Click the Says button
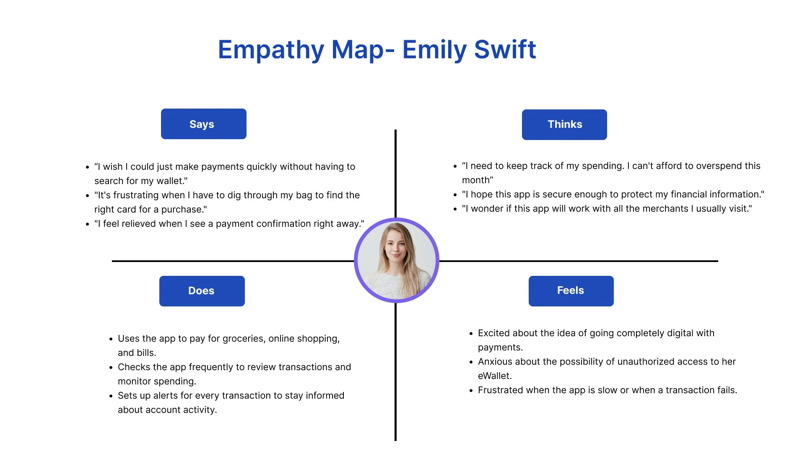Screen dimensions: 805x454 [x=203, y=124]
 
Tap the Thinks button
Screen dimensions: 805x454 [x=564, y=125]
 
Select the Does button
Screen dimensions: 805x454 [x=202, y=291]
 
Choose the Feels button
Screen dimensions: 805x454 [x=571, y=291]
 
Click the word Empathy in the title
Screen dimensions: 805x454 [x=271, y=50]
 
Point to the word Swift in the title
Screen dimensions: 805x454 [x=505, y=50]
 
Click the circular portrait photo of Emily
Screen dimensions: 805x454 [x=396, y=260]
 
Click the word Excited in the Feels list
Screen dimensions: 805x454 [x=494, y=333]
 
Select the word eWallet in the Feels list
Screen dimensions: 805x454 [x=494, y=376]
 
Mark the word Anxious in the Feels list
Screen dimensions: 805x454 [x=494, y=362]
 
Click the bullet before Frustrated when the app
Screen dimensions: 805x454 [x=471, y=391]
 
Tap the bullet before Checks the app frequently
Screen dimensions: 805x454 [x=111, y=368]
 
